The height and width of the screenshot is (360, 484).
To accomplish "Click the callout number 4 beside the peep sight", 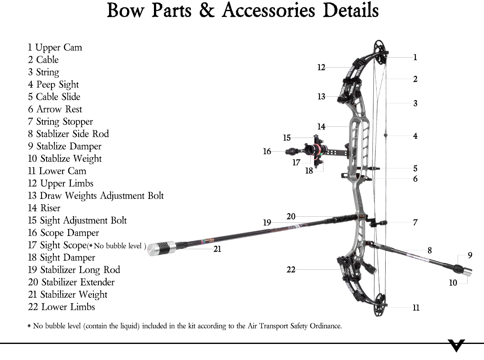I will tap(415, 136).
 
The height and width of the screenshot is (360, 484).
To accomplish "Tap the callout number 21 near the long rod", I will tap(217, 249).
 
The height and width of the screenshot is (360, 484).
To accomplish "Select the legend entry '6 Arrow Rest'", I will tap(55, 109).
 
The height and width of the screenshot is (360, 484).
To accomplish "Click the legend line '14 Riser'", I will tap(44, 208).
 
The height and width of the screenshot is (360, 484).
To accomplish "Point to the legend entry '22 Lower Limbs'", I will tap(62, 307).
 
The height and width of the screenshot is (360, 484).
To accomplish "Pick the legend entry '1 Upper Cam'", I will tap(55, 47).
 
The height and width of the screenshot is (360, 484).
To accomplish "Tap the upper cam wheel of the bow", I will tap(381, 53).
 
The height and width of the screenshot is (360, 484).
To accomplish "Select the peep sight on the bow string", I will tap(386, 135).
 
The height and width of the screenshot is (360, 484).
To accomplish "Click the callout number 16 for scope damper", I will tap(267, 152).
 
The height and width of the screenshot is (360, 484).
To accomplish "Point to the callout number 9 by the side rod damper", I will tap(470, 255).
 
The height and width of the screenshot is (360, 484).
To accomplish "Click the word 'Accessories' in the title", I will tap(270, 10).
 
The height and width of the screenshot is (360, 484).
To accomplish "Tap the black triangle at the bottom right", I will tap(457, 345).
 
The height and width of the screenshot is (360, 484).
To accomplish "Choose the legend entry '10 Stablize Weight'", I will tap(65, 159).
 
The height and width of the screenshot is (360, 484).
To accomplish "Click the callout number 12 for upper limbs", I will tap(321, 67).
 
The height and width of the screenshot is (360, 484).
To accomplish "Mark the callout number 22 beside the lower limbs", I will tap(291, 270).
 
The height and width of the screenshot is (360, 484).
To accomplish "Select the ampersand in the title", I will tap(208, 10).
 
